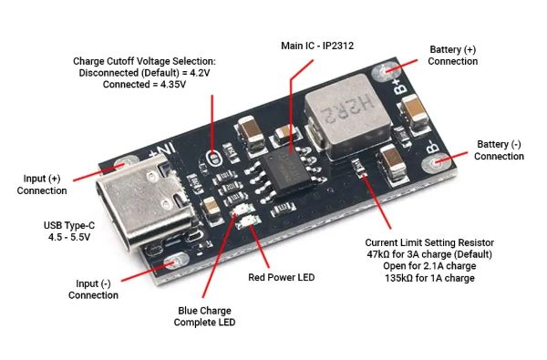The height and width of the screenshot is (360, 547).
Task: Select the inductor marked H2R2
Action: tap(349, 116)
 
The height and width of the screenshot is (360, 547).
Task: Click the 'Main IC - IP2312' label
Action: tap(317, 46)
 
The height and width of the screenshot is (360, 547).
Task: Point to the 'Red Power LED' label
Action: tap(281, 277)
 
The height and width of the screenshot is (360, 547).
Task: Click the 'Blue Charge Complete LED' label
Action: tap(204, 316)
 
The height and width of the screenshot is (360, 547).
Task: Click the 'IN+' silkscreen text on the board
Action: tap(162, 150)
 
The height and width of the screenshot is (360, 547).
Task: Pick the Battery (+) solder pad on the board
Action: tap(385, 71)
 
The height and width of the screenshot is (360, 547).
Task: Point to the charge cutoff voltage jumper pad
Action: tap(212, 159)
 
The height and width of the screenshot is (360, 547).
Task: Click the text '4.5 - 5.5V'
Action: tap(69, 237)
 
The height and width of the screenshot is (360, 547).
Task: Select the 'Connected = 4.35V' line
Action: tap(144, 85)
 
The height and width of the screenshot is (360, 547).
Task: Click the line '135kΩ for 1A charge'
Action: tap(429, 278)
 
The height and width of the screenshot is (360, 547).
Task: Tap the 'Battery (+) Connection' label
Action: tap(452, 55)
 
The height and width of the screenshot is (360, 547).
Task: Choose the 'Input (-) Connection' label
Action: tap(93, 289)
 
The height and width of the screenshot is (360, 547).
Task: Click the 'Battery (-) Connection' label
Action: tap(499, 150)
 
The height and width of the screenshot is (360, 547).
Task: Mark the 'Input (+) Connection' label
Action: tap(42, 184)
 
